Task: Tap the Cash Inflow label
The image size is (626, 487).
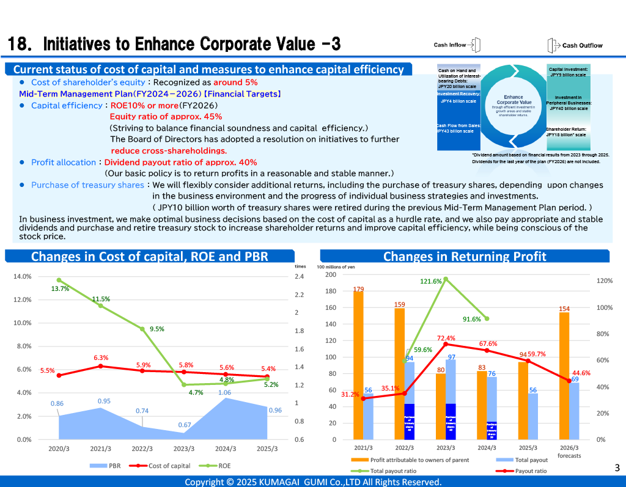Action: tap(450, 45)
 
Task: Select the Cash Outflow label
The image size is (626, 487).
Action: tap(582, 45)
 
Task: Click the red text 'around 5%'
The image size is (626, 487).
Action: tap(235, 82)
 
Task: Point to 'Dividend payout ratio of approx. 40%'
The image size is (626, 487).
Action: tap(180, 163)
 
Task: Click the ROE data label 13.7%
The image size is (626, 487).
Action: tap(60, 289)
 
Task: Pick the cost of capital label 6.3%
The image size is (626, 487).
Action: tap(101, 357)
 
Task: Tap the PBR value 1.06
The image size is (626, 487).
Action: tap(225, 393)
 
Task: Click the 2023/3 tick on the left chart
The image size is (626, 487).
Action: tap(184, 449)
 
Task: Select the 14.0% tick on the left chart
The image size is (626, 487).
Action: tap(23, 277)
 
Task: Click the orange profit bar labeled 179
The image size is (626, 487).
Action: tap(358, 367)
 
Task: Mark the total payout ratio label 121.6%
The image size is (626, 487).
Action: tap(431, 281)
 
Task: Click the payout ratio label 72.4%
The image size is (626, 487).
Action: tap(446, 338)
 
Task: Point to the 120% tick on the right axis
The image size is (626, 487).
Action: tap(604, 281)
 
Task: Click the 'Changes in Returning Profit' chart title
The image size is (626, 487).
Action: tap(465, 257)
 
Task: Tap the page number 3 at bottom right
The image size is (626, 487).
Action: tap(617, 469)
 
